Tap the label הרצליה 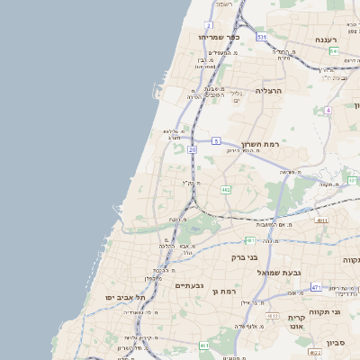pos(269,91)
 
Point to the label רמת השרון pos(261,143)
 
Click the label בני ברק pos(245,257)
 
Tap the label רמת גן pos(222,291)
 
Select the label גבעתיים pos(189,285)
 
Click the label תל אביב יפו pos(124,296)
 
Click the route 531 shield pos(261,37)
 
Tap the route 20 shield pos(192,149)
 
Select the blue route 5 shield pos(217,141)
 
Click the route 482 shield pos(225,190)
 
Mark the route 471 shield pos(316,287)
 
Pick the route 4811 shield pos(321,219)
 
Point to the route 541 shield pos(334,51)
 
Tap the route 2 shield pos(210,25)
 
